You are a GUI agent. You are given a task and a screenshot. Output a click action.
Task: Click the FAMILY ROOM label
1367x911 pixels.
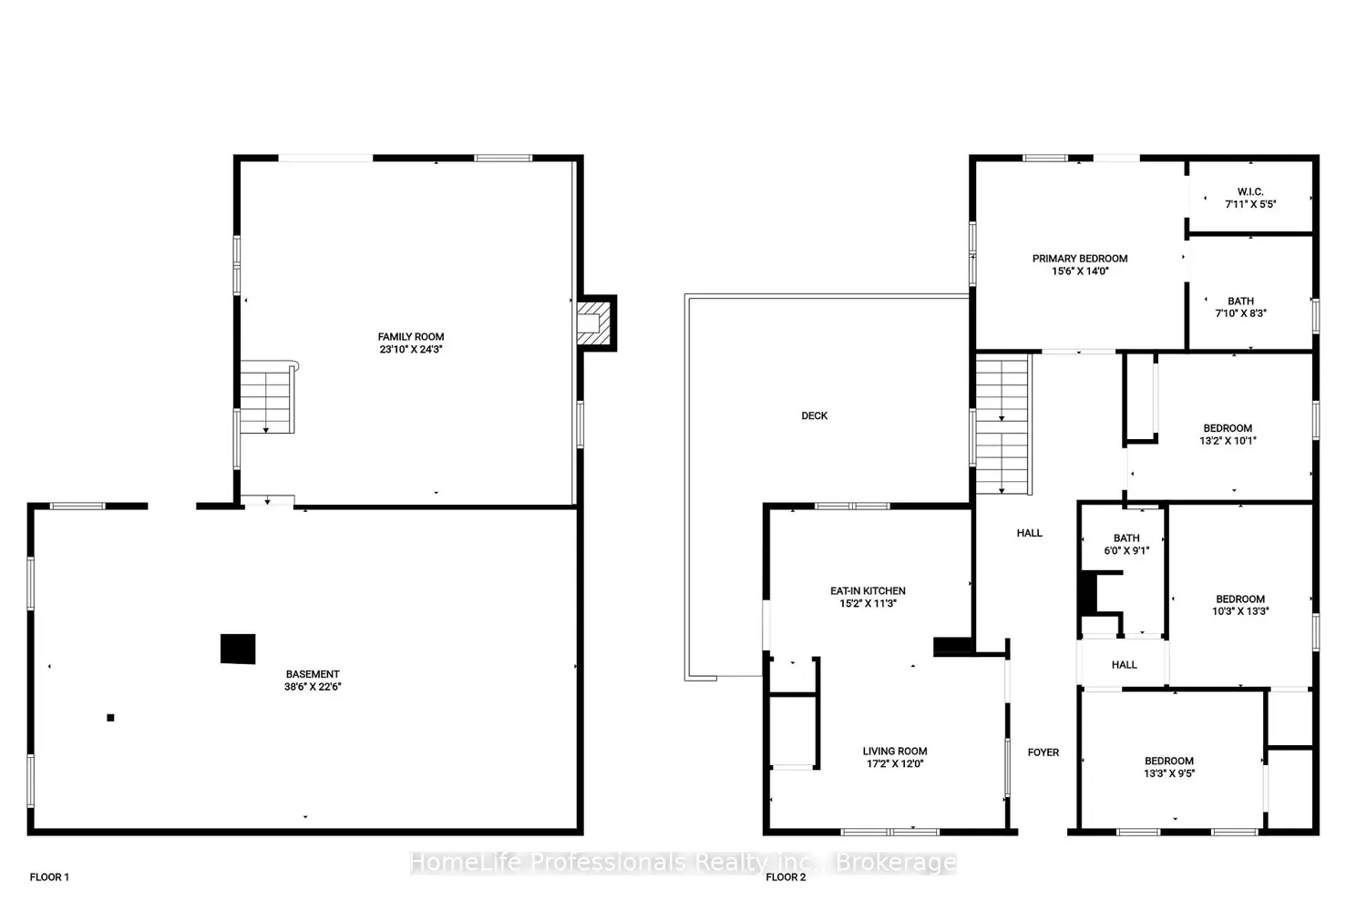pyautogui.click(x=411, y=337)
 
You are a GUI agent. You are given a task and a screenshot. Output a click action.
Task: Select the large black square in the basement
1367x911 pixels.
pyautogui.click(x=238, y=649)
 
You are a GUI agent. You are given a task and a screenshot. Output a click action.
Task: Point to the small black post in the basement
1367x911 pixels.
pyautogui.click(x=110, y=718)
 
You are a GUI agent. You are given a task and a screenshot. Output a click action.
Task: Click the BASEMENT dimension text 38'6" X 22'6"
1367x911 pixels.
pyautogui.click(x=313, y=687)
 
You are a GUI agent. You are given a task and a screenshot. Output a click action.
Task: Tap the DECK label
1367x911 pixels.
pyautogui.click(x=815, y=416)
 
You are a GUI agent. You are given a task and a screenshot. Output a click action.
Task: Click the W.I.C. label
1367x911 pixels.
pyautogui.click(x=1250, y=191)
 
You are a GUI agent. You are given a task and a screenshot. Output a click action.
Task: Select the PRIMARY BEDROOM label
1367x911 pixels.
pyautogui.click(x=1080, y=259)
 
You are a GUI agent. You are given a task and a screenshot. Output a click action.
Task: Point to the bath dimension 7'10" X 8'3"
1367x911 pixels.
pyautogui.click(x=1240, y=313)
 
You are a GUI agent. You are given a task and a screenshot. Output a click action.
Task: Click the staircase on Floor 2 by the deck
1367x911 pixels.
pyautogui.click(x=1003, y=425)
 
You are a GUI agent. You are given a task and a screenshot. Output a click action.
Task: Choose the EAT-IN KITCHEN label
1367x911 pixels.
pyautogui.click(x=868, y=590)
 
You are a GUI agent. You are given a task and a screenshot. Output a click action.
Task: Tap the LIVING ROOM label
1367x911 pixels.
pyautogui.click(x=895, y=752)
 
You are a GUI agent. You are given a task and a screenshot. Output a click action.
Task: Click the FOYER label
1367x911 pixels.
pyautogui.click(x=1043, y=752)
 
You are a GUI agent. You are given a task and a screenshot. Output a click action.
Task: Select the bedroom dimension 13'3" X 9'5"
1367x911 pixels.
pyautogui.click(x=1169, y=773)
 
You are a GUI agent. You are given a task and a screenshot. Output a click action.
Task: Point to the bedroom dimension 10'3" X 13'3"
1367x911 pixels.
pyautogui.click(x=1240, y=610)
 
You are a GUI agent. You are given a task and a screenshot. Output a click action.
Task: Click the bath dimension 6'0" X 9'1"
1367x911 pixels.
pyautogui.click(x=1126, y=550)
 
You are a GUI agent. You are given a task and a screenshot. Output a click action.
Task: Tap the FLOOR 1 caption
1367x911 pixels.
pyautogui.click(x=49, y=876)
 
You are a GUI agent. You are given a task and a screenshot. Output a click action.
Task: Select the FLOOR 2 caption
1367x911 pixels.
pyautogui.click(x=786, y=876)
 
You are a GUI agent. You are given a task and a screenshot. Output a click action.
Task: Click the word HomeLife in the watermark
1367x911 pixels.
pyautogui.click(x=466, y=862)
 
